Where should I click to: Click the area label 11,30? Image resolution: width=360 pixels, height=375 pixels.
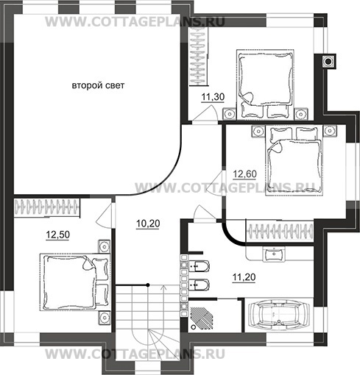click(213, 97)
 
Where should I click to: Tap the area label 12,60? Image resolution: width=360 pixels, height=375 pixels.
click(244, 174)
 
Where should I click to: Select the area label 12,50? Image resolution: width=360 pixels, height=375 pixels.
click(58, 235)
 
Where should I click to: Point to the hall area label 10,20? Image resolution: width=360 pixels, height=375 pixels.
click(148, 224)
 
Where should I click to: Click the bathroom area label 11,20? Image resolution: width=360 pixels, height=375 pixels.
click(244, 277)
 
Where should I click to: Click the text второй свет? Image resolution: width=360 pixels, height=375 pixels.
click(98, 85)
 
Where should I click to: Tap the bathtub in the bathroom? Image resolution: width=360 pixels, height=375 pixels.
click(279, 315)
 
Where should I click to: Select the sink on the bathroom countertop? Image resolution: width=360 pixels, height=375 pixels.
click(274, 254)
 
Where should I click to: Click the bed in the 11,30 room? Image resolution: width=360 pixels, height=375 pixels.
click(265, 84)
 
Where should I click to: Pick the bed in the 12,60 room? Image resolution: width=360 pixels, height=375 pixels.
click(294, 160)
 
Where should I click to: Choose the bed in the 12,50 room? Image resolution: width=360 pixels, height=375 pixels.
click(74, 282)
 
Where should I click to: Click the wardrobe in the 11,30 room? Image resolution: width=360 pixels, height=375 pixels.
click(199, 56)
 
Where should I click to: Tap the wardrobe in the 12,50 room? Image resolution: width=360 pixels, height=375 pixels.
click(47, 207)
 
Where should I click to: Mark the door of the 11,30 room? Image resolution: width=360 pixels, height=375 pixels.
click(205, 113)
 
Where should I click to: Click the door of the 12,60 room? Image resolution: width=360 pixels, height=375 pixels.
click(216, 182)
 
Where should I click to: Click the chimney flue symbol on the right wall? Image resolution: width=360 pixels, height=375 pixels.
click(328, 61)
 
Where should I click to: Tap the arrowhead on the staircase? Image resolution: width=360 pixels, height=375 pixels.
click(163, 287)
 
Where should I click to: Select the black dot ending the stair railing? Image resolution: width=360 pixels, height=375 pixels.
click(148, 285)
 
